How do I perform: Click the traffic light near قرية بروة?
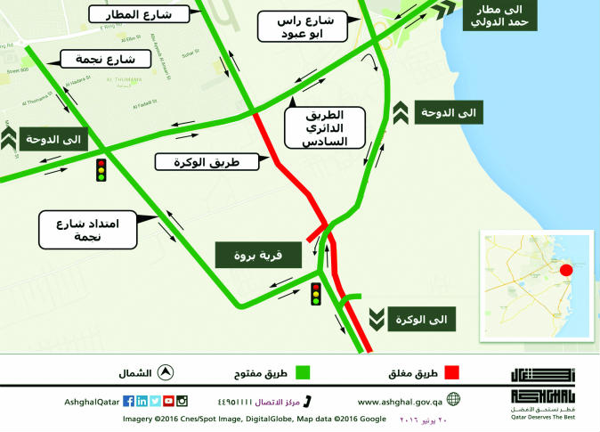[315, 293]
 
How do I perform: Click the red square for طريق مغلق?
[451, 372]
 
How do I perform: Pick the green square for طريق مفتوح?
[303, 372]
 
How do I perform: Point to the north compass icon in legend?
[166, 372]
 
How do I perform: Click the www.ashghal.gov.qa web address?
[400, 401]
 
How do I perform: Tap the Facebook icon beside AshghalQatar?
[128, 401]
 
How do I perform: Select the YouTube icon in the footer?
[168, 401]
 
